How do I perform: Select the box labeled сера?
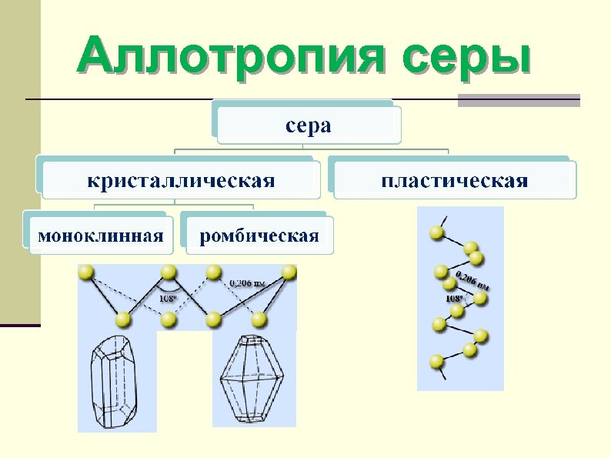tap(309, 125)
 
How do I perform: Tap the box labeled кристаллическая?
tap(181, 181)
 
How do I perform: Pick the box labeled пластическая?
tap(454, 181)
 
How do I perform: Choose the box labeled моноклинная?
tap(101, 236)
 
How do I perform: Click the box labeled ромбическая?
tap(259, 236)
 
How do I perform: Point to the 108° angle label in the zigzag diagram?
tap(169, 298)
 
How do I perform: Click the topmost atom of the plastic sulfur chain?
tap(437, 232)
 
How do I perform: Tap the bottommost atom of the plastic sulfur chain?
tap(437, 360)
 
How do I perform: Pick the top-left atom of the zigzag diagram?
tap(86, 272)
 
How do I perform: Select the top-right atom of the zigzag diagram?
tap(289, 272)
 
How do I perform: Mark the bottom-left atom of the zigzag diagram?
tap(122, 319)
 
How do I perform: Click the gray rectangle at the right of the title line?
tap(519, 100)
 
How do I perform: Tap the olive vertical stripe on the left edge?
tap(20, 162)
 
